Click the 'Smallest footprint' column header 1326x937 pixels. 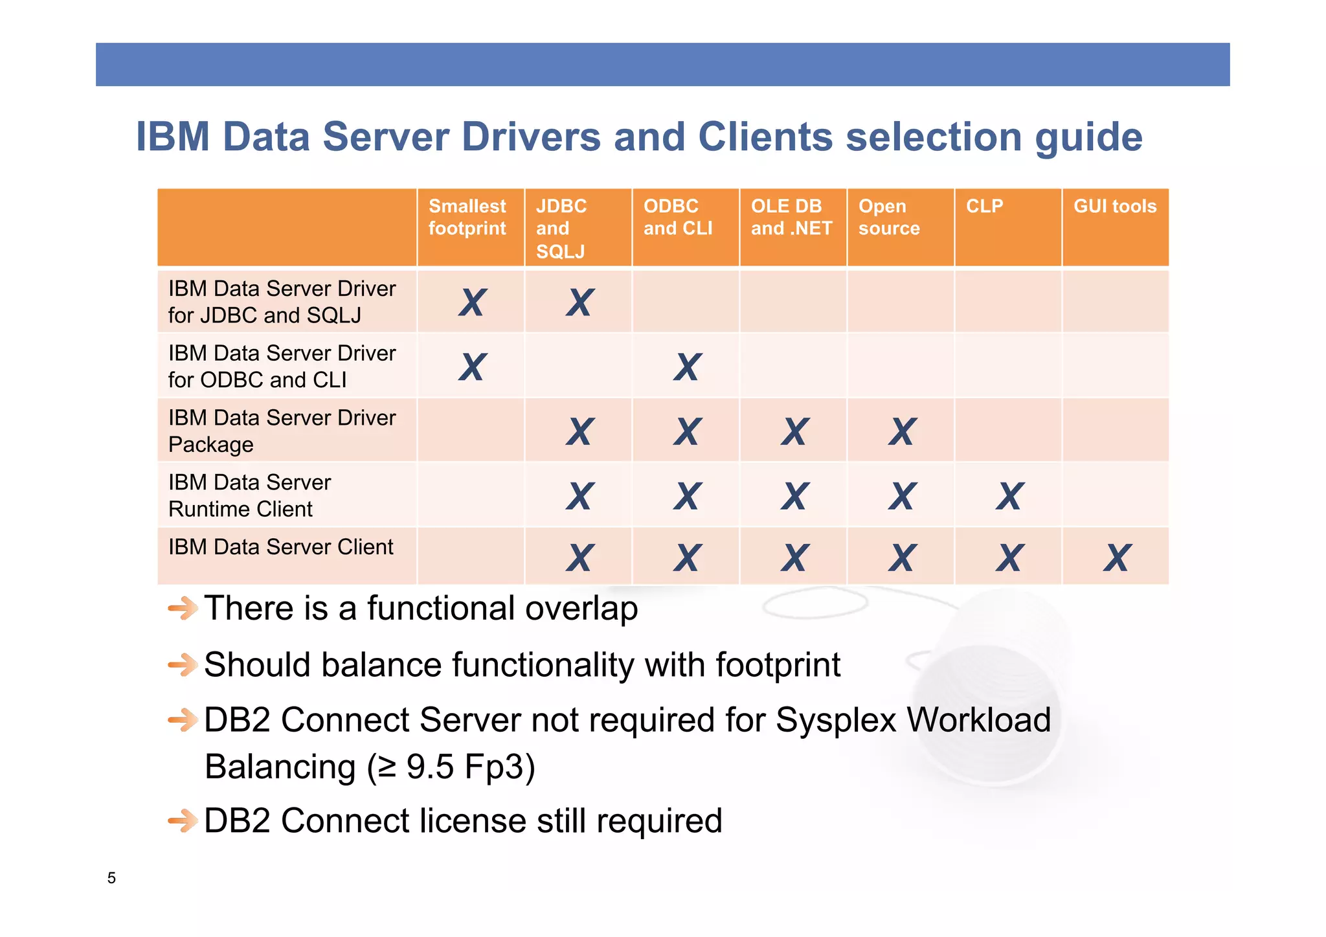click(467, 218)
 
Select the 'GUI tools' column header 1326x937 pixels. click(1115, 207)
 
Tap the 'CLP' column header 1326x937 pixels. click(984, 207)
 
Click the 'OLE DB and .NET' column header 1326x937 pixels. click(791, 218)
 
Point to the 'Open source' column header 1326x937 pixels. click(889, 218)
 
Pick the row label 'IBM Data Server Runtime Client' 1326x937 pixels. click(249, 495)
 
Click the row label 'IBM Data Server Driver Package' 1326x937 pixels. click(282, 431)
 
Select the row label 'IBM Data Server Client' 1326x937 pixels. click(280, 547)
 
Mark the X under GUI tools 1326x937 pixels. click(1118, 558)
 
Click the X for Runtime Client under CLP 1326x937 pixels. click(1010, 496)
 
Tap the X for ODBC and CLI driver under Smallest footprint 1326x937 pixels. click(473, 367)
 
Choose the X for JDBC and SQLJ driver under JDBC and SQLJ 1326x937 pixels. click(580, 302)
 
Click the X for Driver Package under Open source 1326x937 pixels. click(903, 431)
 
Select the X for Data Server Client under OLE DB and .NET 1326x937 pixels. click(795, 558)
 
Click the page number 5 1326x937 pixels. click(111, 878)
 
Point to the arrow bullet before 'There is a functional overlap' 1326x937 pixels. click(183, 608)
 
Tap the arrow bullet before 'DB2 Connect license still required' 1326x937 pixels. click(183, 821)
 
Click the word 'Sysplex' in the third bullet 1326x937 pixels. click(836, 720)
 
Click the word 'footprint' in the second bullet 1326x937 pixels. click(778, 665)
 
